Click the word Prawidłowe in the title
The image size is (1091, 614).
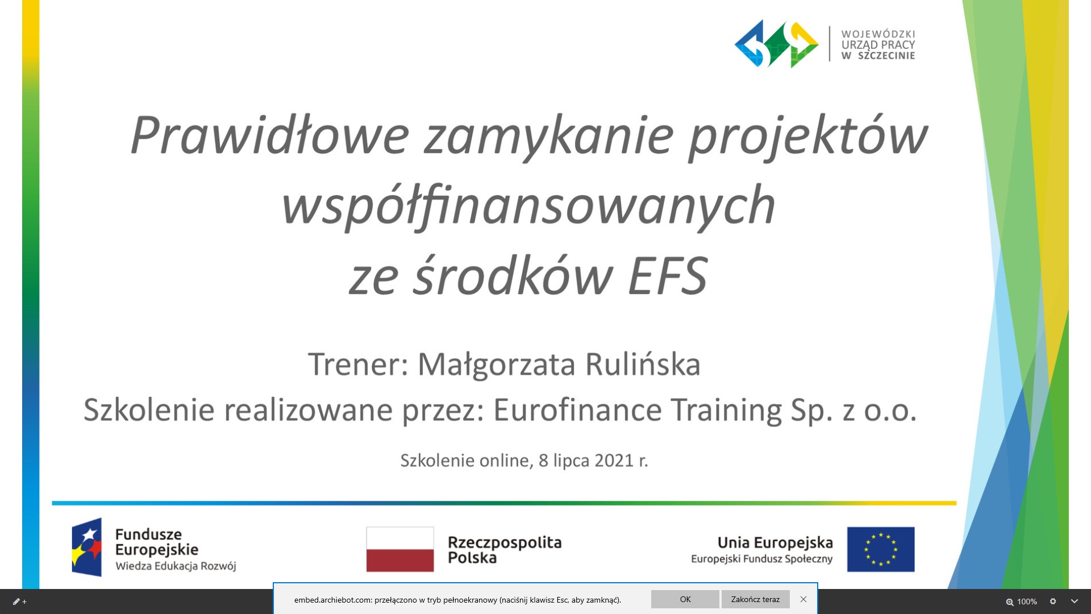click(x=270, y=135)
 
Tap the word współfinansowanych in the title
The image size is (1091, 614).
click(x=529, y=206)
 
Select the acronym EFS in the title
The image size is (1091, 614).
click(x=668, y=276)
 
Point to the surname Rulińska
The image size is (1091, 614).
click(x=643, y=364)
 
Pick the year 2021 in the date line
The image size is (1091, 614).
click(x=614, y=460)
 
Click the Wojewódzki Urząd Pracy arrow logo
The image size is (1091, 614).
click(x=776, y=44)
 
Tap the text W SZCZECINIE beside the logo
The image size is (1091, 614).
click(x=878, y=56)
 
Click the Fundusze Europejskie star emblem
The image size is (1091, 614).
click(x=87, y=547)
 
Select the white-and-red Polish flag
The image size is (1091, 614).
click(x=400, y=549)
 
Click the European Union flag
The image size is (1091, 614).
click(x=881, y=549)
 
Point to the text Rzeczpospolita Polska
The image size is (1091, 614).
click(x=505, y=550)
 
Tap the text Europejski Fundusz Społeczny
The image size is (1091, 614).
click(x=761, y=559)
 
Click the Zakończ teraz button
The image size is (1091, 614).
click(x=755, y=599)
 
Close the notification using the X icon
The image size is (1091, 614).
click(x=803, y=599)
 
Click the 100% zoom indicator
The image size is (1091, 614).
click(x=1022, y=601)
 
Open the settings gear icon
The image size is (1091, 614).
click(x=1053, y=601)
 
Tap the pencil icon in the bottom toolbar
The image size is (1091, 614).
click(x=16, y=601)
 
